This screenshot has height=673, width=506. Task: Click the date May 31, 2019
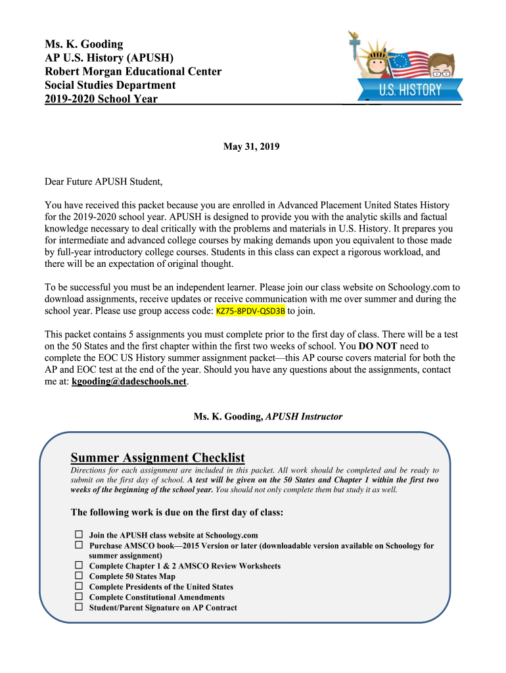click(x=252, y=147)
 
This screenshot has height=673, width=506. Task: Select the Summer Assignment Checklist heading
click(x=158, y=457)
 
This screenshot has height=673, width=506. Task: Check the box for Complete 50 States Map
click(x=78, y=576)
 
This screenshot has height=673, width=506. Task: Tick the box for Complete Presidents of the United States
click(x=78, y=586)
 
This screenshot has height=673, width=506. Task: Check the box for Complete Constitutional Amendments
click(x=78, y=597)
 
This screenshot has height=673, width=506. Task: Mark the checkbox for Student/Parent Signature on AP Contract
click(x=78, y=607)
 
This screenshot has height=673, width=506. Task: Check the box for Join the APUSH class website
click(x=78, y=535)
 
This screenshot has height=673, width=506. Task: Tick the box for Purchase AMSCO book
click(x=78, y=545)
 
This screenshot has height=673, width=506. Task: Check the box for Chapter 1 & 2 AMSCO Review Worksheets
click(x=78, y=565)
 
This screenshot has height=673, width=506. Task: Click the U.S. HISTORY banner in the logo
click(x=411, y=89)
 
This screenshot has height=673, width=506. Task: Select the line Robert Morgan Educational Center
click(x=133, y=72)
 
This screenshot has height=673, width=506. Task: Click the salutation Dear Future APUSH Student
click(x=103, y=181)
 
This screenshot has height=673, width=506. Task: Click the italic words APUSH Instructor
click(x=304, y=417)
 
